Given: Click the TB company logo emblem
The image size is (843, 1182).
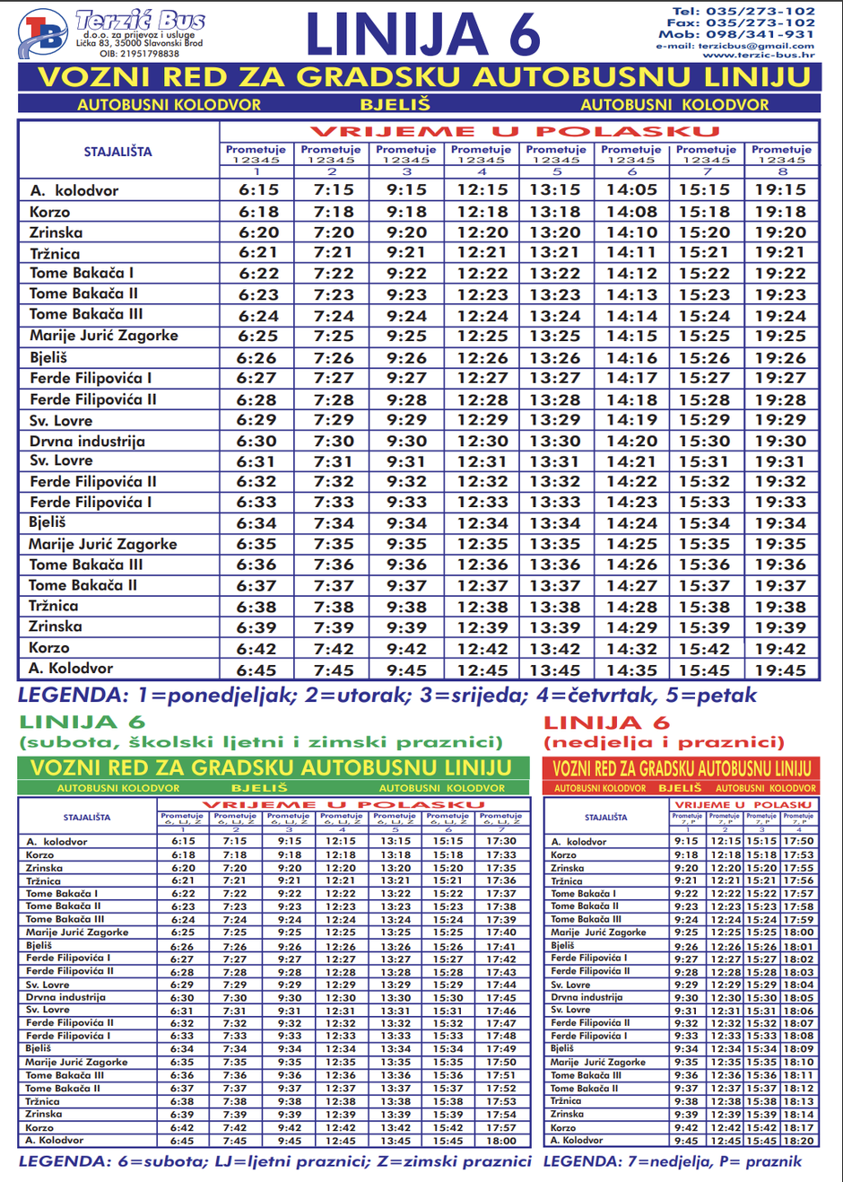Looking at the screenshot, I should pos(42,34).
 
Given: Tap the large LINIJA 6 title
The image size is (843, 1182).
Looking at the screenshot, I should pos(422,36).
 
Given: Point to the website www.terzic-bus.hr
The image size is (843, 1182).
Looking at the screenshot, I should pos(759,56).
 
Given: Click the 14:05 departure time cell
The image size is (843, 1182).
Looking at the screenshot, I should pos(631,190).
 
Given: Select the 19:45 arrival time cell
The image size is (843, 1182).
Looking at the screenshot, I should pos(780,670).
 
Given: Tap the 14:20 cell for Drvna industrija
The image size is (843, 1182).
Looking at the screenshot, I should pos(631,442).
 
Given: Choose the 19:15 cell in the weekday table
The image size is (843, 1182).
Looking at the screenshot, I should pos(780,190).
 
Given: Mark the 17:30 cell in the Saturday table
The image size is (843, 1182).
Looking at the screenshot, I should pos(501,842).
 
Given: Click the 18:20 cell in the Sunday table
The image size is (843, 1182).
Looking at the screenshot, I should pos(797,1141).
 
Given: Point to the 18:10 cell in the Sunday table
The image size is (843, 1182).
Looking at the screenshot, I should pos(797,1062).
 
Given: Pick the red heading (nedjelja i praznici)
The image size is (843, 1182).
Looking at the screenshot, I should pos(664,742).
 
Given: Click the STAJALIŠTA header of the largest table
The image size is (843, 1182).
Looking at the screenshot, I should pos(117,152).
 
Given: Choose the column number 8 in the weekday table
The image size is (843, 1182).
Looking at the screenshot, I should pos(781,171).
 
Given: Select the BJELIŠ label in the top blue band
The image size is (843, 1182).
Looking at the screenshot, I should pos(395,104).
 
